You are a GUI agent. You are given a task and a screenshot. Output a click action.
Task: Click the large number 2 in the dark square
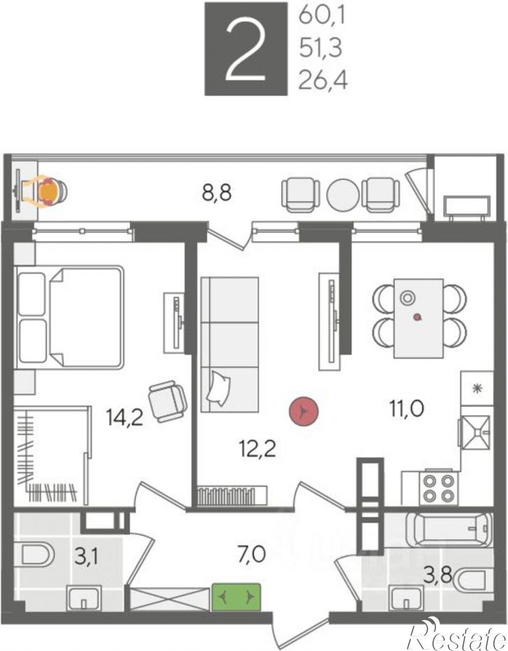point(245,50)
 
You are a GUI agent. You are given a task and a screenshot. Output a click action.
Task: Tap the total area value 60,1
point(322,17)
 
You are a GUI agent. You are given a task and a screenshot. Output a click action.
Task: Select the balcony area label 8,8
point(217,193)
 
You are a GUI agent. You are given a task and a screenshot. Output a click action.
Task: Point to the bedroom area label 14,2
point(125,417)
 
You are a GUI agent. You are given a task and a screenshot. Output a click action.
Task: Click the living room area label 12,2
point(257,448)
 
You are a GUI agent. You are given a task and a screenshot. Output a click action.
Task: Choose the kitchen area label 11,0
point(406,409)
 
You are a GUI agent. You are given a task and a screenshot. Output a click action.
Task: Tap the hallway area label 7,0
point(252,554)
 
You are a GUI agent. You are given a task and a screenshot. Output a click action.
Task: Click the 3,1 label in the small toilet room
point(86,557)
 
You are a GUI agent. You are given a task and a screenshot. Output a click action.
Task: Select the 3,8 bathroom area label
point(437,575)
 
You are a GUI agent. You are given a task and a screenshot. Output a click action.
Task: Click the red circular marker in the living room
point(304,411)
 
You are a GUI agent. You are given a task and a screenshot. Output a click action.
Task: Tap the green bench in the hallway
point(236,597)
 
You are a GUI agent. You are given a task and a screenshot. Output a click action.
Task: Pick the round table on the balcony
point(343,194)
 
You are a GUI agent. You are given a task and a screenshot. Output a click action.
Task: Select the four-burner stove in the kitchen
point(438,488)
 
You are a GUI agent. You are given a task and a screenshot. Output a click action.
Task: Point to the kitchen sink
point(476,432)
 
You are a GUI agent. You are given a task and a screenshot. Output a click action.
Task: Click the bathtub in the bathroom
point(448,529)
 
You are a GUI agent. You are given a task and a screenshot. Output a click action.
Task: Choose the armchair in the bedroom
point(167,401)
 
